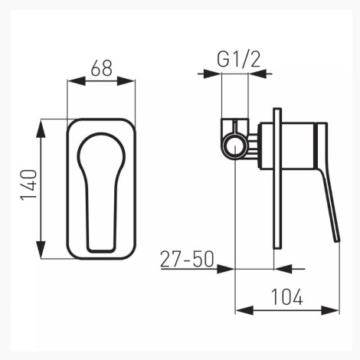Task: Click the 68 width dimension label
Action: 102,68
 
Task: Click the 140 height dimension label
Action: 29,185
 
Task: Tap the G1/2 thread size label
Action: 239,60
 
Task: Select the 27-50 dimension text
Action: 187,260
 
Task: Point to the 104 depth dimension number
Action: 286,296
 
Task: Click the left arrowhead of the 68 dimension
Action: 77,81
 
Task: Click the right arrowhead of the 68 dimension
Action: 126,81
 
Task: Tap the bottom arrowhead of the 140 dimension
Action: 41,250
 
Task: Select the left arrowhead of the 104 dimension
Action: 244,310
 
